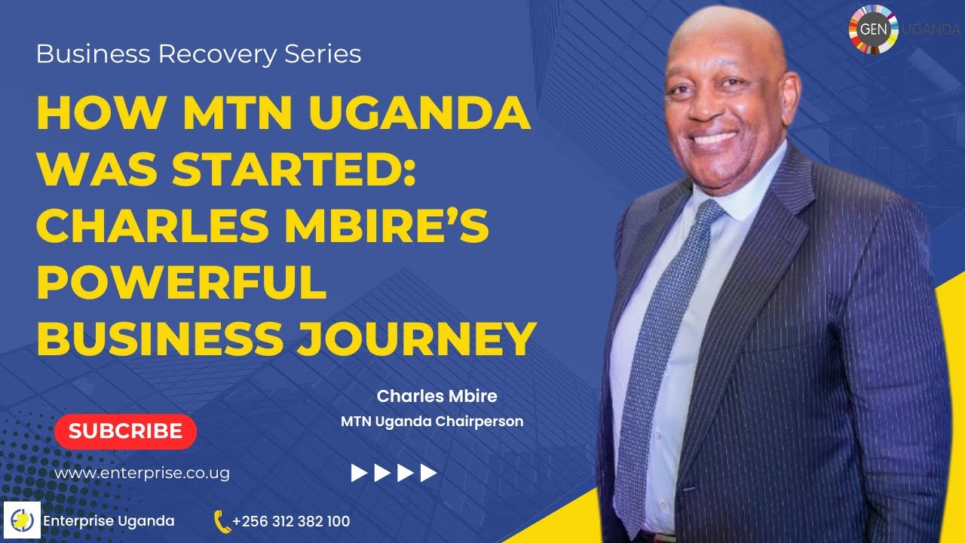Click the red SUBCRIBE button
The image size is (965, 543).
[125, 431]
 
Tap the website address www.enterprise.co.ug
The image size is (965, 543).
[142, 474]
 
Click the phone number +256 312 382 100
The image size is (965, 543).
[291, 521]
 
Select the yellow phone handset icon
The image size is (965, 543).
[222, 521]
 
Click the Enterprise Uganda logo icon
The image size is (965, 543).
[21, 521]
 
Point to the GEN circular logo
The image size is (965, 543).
[873, 30]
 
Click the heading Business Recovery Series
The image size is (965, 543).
[198, 54]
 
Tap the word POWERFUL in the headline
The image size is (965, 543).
[182, 282]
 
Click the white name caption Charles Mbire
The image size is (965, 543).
[437, 396]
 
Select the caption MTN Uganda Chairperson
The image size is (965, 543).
[432, 422]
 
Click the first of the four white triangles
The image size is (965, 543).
[359, 473]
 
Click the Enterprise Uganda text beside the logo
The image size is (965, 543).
[109, 521]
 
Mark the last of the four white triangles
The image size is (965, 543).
[428, 473]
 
